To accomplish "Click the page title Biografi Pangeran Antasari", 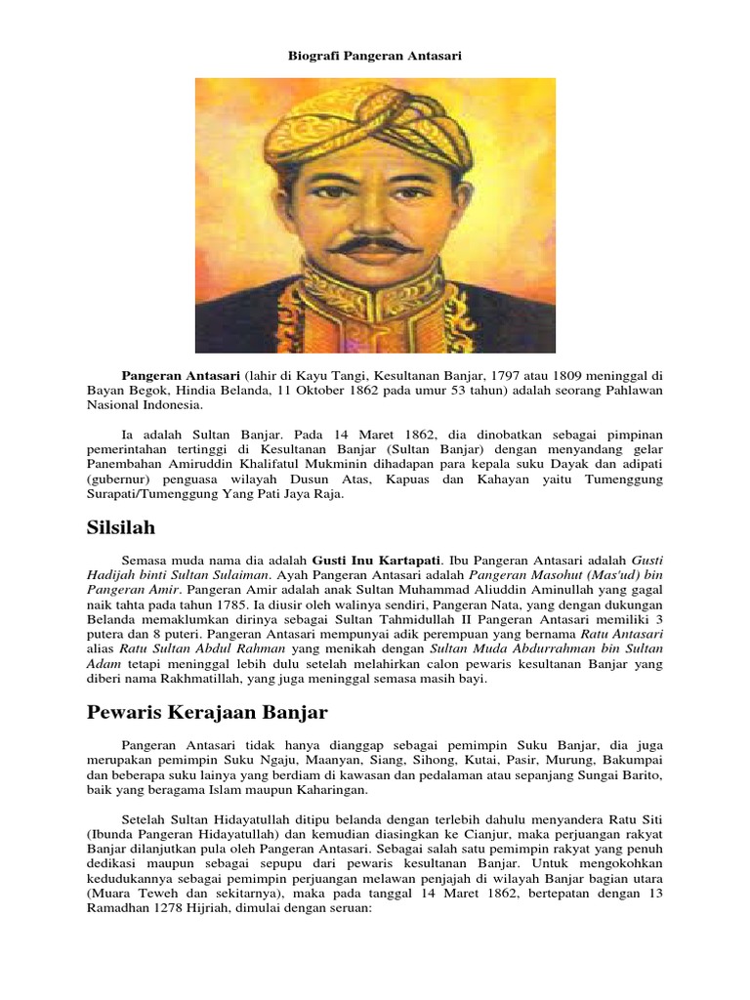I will click(374, 57).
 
